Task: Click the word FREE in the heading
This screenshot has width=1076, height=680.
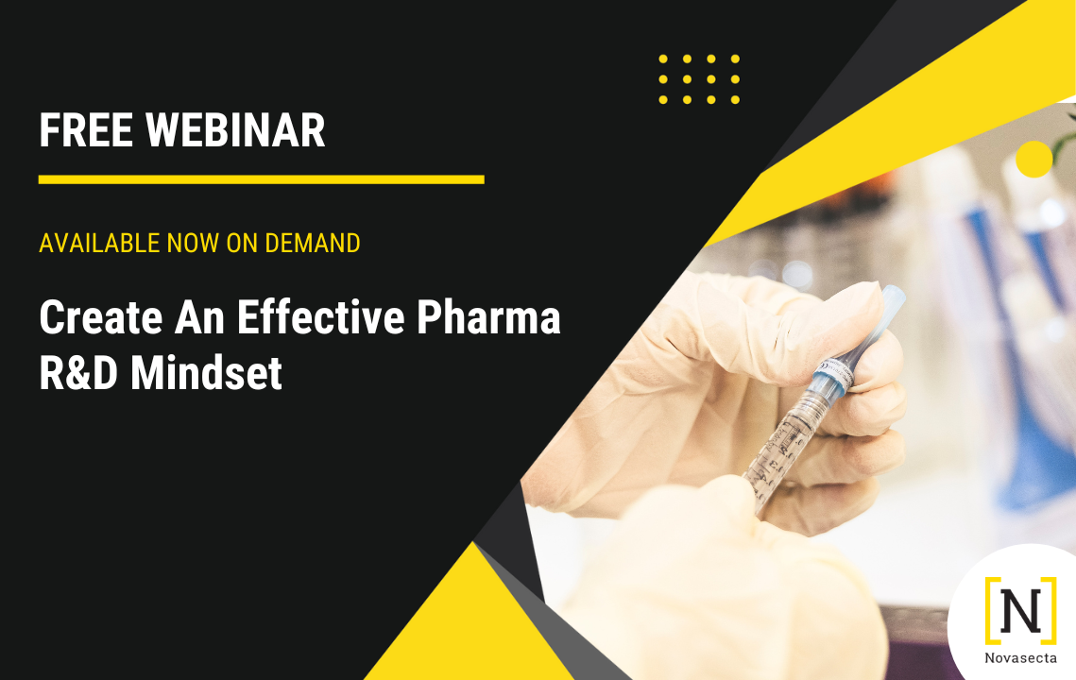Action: (x=86, y=130)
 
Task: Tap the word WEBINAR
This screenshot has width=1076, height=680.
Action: (x=234, y=130)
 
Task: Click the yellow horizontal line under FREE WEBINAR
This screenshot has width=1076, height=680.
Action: (x=262, y=179)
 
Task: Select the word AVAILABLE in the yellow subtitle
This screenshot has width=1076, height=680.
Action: (x=99, y=244)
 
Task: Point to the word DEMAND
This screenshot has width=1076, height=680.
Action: (x=313, y=244)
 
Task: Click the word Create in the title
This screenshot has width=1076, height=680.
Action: (x=101, y=317)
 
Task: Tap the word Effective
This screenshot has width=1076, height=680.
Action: (x=321, y=317)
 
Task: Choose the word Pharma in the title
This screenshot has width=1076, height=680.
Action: (x=488, y=317)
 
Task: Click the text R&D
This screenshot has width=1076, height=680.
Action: (x=78, y=373)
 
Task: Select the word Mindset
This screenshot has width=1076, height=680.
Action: (x=206, y=373)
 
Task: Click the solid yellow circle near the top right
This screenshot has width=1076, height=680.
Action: (x=1034, y=160)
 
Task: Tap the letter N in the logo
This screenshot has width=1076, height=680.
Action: (x=1020, y=611)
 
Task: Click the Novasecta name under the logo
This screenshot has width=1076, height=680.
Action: (x=1020, y=658)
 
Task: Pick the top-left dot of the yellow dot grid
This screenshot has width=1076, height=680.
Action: (x=663, y=59)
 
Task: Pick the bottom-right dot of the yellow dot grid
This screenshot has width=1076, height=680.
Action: (x=735, y=100)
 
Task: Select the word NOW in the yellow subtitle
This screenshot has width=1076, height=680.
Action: (x=194, y=244)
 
